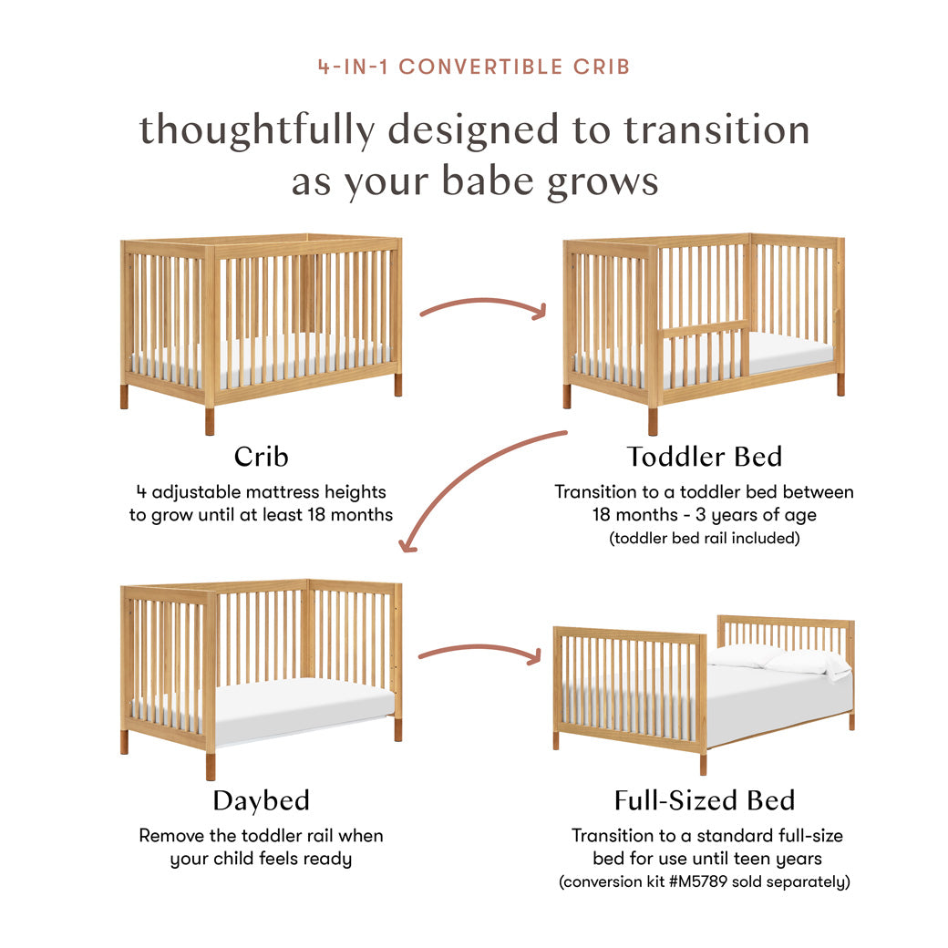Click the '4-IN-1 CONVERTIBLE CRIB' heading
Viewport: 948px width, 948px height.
click(473, 67)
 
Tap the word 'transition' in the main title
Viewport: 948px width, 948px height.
click(716, 129)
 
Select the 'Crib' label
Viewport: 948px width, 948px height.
click(261, 456)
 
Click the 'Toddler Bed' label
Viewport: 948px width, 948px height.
click(704, 456)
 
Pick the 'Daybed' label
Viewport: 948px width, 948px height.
click(261, 800)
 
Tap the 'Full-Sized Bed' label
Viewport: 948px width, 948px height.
click(704, 800)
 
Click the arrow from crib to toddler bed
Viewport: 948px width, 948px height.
click(482, 306)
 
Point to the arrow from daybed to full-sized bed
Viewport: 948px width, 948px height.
click(480, 651)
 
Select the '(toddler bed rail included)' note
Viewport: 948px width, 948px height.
click(704, 538)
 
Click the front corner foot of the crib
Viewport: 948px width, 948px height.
click(210, 420)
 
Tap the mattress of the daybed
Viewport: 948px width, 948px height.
click(301, 702)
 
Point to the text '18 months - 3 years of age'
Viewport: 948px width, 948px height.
click(704, 515)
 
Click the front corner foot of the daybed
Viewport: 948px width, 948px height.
click(211, 766)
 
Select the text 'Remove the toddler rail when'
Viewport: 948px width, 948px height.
click(261, 835)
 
